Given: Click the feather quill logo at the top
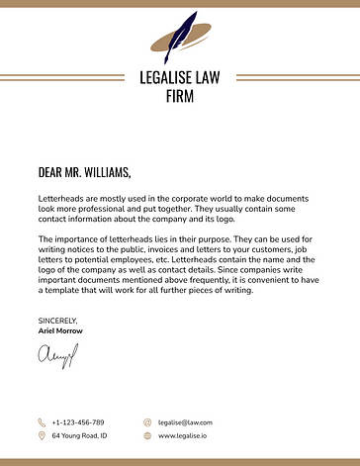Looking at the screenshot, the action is pos(179,38).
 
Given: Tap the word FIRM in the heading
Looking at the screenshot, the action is pos(180,97).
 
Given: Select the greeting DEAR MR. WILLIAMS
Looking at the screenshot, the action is pos(84,173).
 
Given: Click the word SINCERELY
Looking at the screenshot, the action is pos(57,321).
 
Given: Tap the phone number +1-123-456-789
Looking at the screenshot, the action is pos(78,421).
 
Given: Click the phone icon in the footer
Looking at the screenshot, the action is pos(42,421).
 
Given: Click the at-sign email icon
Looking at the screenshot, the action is pos(146,421).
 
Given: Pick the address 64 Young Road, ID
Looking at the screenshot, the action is pos(79,435).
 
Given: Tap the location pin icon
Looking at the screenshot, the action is pos(42,435).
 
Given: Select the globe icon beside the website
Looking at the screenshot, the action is pos(146,435).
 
